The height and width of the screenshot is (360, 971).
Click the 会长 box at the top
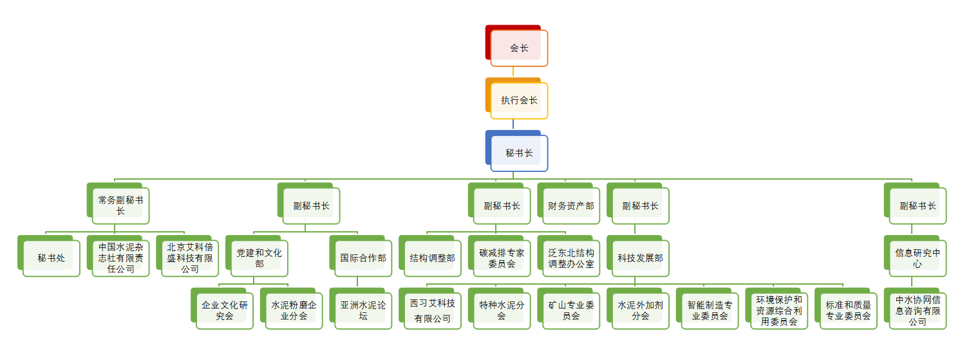(x=519, y=48)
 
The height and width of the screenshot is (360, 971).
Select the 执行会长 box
(x=519, y=100)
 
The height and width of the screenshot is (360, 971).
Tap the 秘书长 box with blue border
(x=519, y=153)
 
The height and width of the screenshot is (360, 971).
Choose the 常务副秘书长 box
(x=121, y=205)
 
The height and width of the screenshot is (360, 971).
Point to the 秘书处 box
(x=52, y=258)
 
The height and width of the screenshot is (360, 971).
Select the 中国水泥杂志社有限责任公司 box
(x=121, y=258)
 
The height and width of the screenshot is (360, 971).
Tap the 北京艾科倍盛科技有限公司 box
(x=191, y=258)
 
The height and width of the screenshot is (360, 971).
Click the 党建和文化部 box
(x=259, y=258)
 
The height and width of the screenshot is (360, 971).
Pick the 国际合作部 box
(x=363, y=258)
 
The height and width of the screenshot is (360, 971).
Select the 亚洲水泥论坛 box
(x=363, y=311)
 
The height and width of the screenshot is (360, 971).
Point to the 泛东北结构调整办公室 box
(x=571, y=258)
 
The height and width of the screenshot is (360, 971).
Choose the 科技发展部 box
(x=641, y=258)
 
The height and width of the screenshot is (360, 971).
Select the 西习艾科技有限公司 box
(x=433, y=311)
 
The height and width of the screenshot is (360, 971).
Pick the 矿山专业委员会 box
(x=571, y=311)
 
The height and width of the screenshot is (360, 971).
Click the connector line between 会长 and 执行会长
(x=513, y=72)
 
